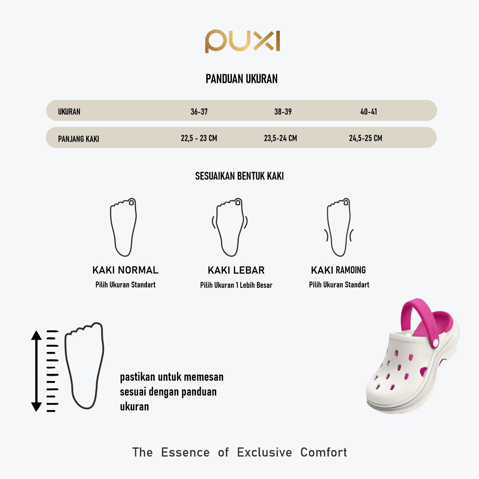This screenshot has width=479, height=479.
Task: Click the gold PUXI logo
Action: click(242, 41)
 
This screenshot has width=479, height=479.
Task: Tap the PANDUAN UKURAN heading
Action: click(241, 79)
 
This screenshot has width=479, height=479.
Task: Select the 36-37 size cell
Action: click(199, 112)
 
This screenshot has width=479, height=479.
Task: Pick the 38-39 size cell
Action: click(283, 112)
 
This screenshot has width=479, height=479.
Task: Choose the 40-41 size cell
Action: click(369, 112)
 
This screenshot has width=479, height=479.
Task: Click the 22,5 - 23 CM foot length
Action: click(199, 138)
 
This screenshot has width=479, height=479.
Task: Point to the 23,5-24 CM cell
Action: click(280, 138)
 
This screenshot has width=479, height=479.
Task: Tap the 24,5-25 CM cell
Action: click(365, 138)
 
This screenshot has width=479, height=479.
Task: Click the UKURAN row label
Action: click(69, 112)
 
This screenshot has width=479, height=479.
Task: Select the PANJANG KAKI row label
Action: click(78, 139)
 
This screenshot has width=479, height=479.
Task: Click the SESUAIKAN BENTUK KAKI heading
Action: click(239, 176)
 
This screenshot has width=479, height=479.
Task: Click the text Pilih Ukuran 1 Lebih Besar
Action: click(236, 285)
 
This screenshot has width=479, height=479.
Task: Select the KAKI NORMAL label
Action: click(125, 270)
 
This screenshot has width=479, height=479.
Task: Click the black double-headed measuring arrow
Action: click(36, 371)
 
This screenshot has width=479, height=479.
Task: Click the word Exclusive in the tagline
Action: click(264, 452)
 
